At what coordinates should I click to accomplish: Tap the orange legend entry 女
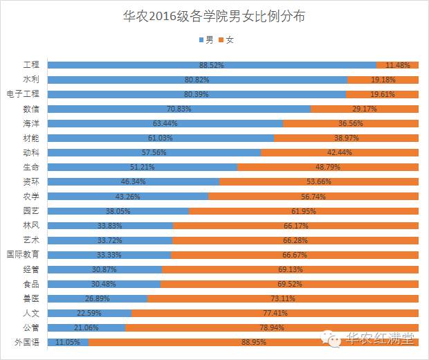(227, 39)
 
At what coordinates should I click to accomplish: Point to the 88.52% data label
(211, 65)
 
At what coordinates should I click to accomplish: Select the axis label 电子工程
(24, 94)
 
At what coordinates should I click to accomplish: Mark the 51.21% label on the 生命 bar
(143, 167)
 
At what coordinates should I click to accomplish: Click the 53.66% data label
(319, 182)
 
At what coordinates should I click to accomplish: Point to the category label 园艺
(31, 210)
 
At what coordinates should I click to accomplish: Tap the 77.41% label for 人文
(275, 313)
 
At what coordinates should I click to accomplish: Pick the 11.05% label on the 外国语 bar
(68, 342)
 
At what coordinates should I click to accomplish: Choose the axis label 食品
(31, 284)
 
